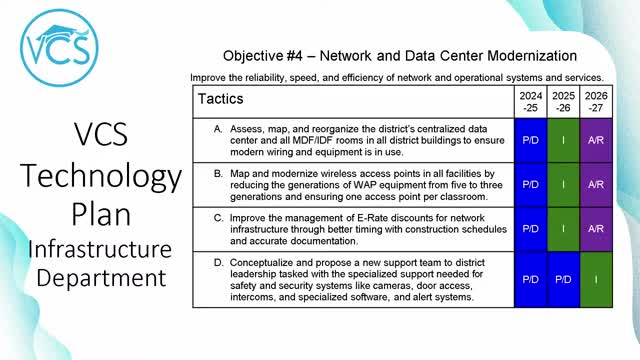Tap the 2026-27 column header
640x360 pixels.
point(596,102)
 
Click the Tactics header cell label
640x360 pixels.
point(221,100)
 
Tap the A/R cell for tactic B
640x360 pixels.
point(596,185)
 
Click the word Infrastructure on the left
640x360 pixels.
point(96,248)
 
